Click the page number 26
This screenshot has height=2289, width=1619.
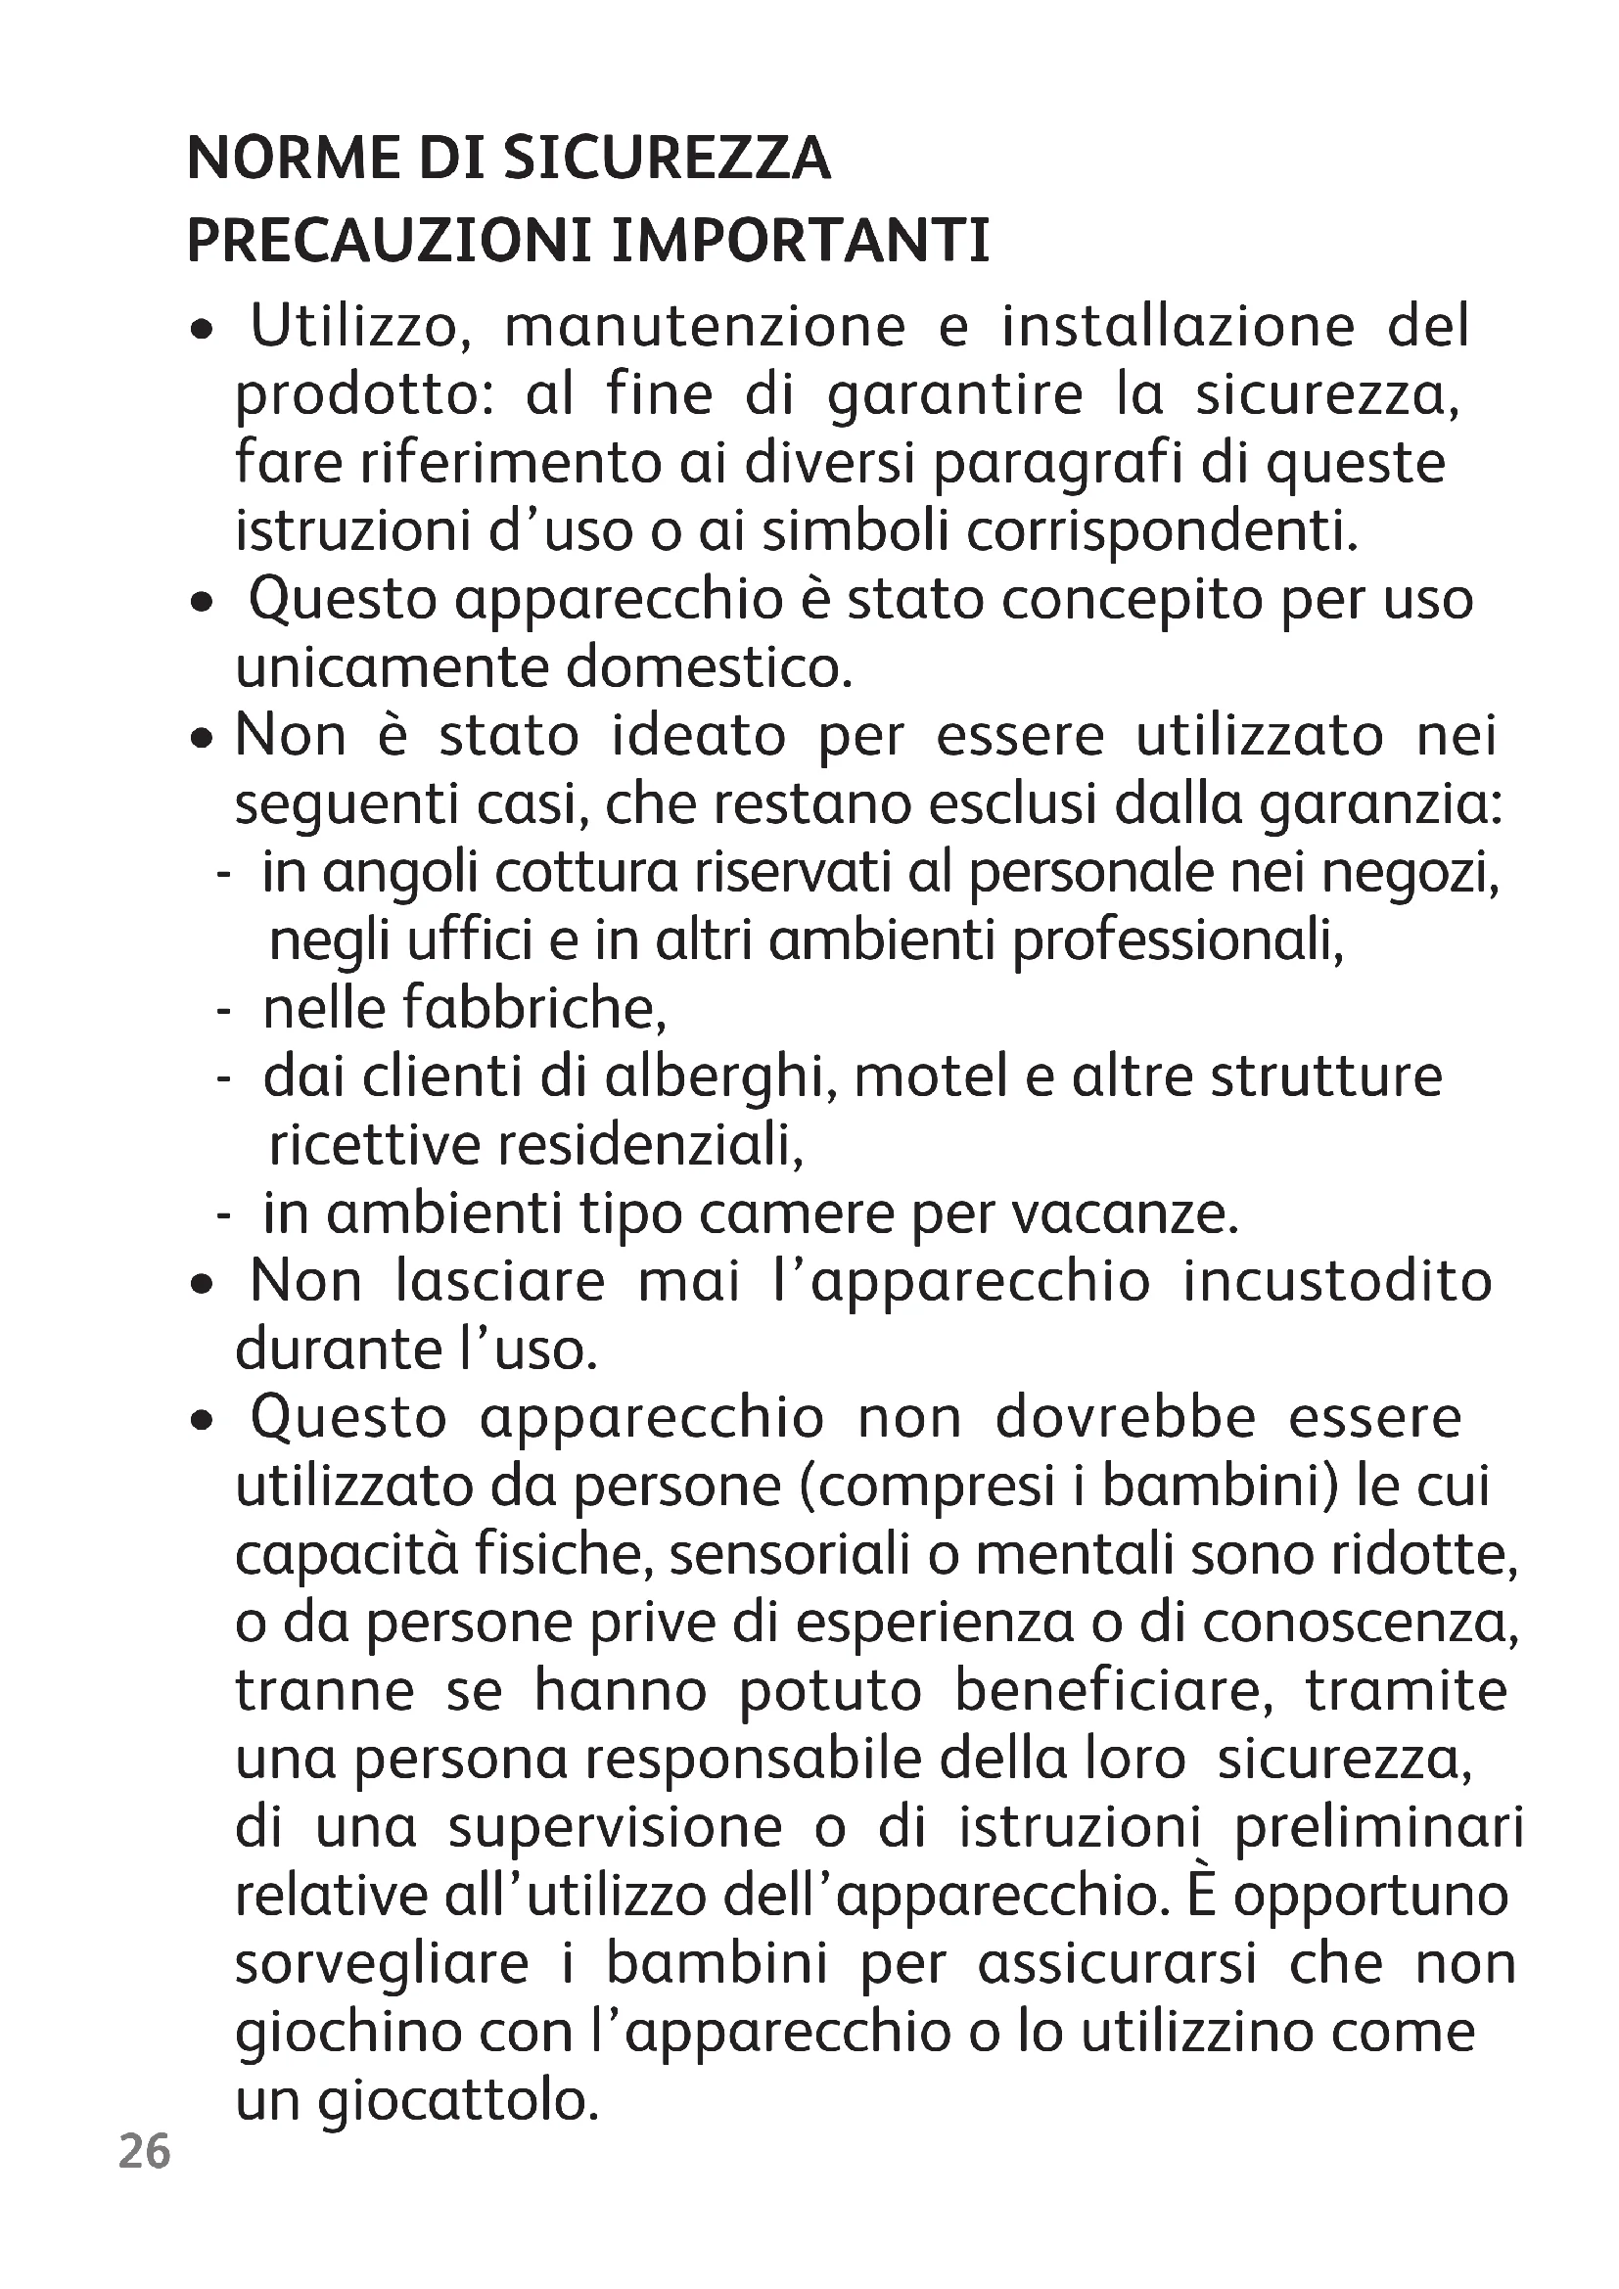click(145, 2151)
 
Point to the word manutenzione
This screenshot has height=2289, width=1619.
click(705, 327)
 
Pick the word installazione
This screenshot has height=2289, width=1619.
click(1179, 327)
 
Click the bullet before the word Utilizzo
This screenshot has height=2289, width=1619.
click(203, 329)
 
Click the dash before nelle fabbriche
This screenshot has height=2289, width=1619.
click(223, 1011)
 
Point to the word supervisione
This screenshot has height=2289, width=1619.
click(615, 1828)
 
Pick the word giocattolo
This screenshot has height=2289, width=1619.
click(458, 2101)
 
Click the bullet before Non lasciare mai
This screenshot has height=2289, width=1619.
click(203, 1286)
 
